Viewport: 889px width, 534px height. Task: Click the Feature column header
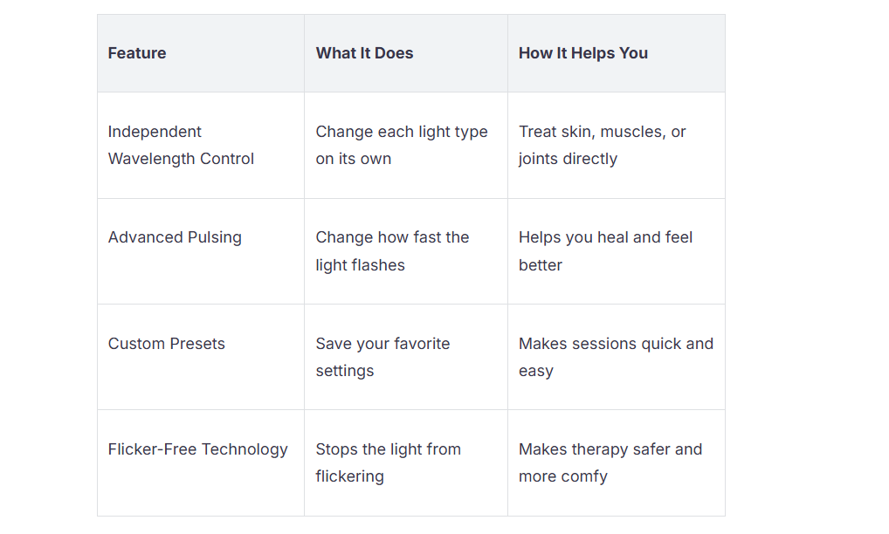point(137,53)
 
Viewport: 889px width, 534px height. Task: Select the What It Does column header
point(364,53)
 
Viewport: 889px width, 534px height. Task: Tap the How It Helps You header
point(582,53)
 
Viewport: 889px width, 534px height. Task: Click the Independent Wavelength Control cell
point(181,145)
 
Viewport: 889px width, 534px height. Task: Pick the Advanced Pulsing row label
point(175,237)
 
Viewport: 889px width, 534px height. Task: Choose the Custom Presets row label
point(167,344)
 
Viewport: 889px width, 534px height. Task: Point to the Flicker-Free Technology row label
point(198,449)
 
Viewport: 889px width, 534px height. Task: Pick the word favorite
point(422,344)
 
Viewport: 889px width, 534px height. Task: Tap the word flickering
point(350,476)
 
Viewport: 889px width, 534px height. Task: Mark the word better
point(541,265)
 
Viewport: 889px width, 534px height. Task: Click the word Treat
point(536,132)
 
